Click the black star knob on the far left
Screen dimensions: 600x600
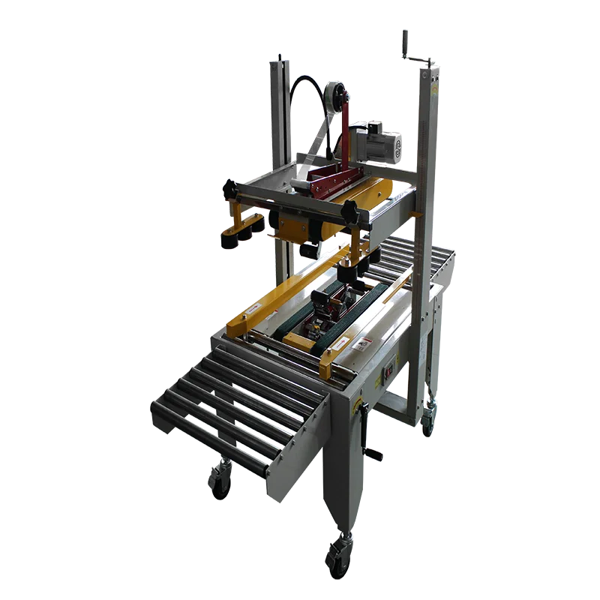click(228, 190)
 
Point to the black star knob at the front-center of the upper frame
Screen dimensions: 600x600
click(349, 212)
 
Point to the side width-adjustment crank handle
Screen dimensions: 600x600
click(367, 435)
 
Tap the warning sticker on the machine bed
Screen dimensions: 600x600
click(364, 344)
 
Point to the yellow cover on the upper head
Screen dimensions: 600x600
click(375, 190)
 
